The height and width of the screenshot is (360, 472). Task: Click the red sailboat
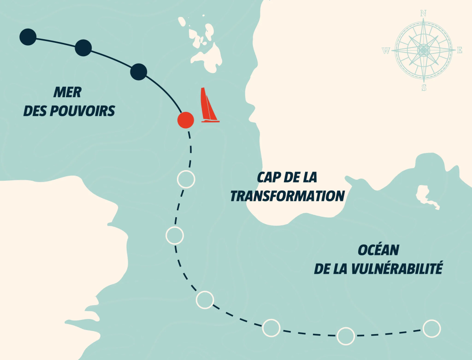208,106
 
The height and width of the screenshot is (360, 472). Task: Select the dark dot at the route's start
28,37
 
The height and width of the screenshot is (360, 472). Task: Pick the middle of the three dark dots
83,47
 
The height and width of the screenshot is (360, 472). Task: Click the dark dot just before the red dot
138,72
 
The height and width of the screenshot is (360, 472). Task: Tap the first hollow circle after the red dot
186,179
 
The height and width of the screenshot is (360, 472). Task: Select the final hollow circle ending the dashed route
431,328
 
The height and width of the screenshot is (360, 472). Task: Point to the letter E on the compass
459,51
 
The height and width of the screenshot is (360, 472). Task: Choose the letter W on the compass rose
386,51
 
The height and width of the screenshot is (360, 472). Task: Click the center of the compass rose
423,50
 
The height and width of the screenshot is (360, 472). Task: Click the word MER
67,93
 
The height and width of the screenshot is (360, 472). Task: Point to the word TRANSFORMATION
288,196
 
